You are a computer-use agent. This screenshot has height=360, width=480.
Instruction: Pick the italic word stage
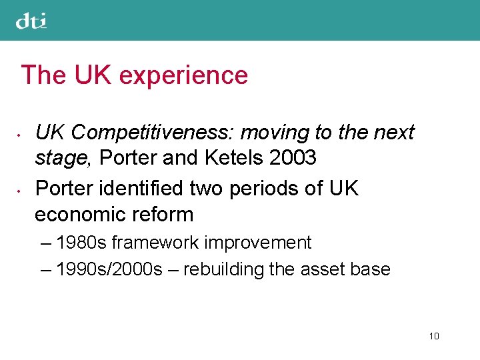point(60,159)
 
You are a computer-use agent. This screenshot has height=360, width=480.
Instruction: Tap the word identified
point(140,189)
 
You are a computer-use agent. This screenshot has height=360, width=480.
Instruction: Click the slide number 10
point(434,336)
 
